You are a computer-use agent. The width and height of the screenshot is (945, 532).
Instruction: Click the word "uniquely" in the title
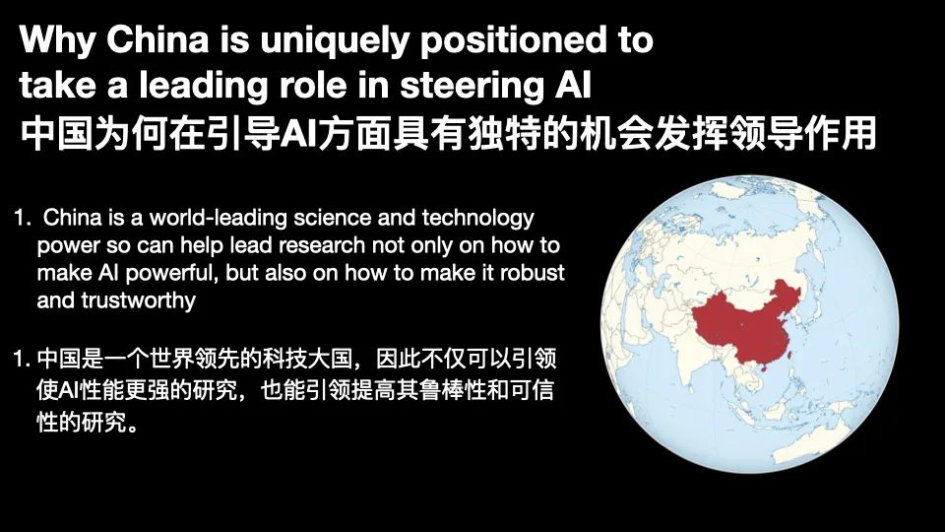(335, 41)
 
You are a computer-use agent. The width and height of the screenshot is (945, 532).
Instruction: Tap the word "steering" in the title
(472, 85)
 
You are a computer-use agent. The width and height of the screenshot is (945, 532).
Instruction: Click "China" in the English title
(157, 39)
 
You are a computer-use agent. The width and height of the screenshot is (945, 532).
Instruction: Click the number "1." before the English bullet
(23, 218)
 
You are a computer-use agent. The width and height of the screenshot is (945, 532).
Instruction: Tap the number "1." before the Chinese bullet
(22, 360)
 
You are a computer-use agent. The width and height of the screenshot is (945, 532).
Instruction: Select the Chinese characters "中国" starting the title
(57, 133)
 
